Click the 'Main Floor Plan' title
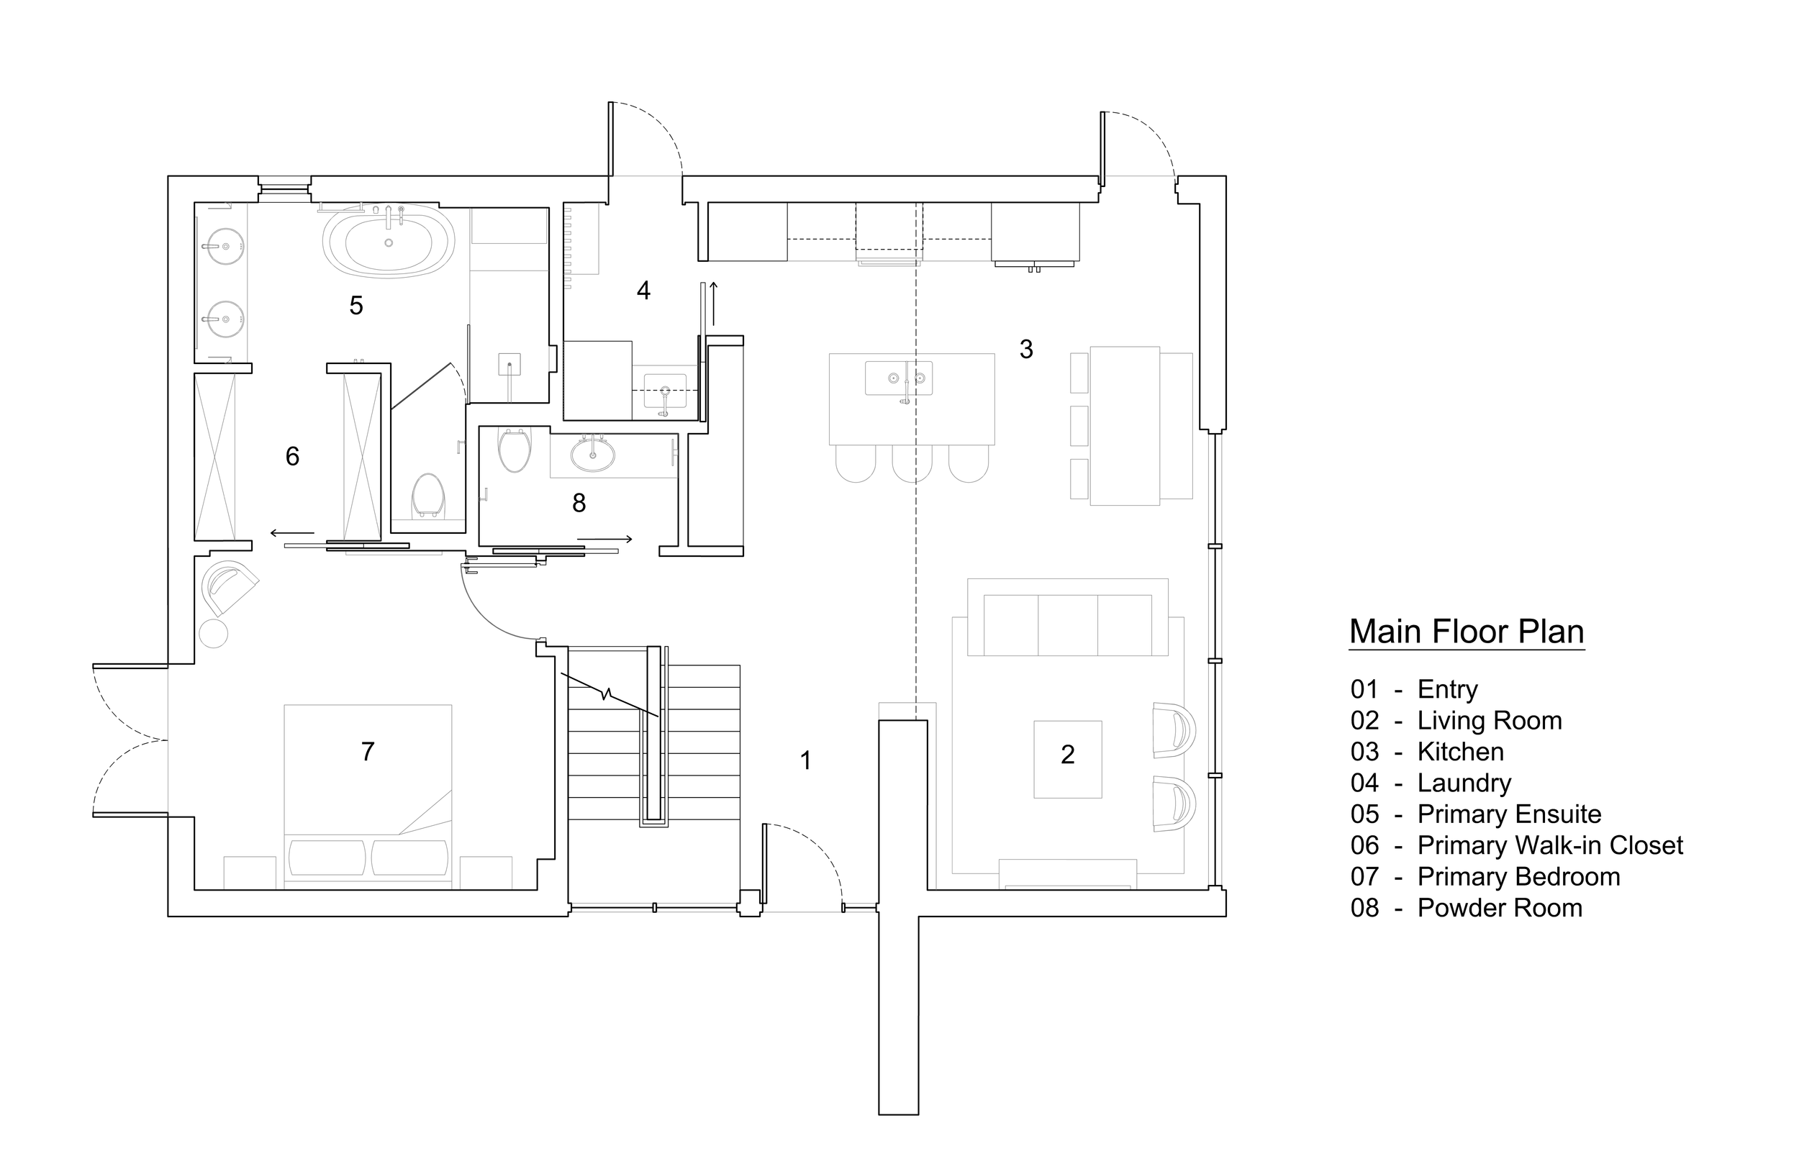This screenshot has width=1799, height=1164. pos(1466,632)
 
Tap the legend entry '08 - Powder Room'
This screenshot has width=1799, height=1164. pos(1466,908)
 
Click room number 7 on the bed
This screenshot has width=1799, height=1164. pos(368,751)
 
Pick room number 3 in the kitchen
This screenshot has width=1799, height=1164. pos(1025,349)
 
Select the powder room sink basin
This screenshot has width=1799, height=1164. pos(593,455)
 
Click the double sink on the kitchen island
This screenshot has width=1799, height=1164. pos(899,377)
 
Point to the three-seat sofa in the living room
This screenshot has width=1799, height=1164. pos(1067,624)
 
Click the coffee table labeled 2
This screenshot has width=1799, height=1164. pos(1067,759)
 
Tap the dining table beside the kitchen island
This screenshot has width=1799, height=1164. pos(1125,426)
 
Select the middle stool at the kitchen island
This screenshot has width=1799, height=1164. pos(912,463)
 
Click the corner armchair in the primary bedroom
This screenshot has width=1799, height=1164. pos(229,586)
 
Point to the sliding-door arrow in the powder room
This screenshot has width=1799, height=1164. pos(604,539)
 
